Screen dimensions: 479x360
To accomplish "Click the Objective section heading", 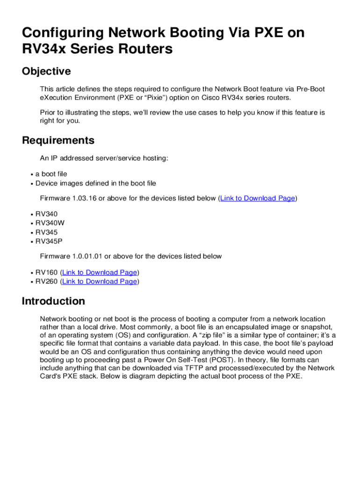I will (x=46, y=72).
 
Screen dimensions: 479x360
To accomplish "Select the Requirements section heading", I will (x=58, y=140).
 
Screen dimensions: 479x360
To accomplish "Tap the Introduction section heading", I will (x=53, y=301).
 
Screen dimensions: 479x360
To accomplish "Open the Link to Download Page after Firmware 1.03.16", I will (x=258, y=198).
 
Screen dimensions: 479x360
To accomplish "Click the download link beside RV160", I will (x=100, y=272).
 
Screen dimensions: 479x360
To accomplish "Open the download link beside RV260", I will (x=100, y=281).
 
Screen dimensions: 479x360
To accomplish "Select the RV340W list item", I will (x=50, y=223).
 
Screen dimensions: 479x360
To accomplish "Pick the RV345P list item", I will (x=49, y=241).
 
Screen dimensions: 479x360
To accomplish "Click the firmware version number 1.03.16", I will (x=84, y=198).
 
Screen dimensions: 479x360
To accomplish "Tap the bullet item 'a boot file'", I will (x=51, y=174).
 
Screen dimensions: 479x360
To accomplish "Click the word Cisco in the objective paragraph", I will (x=211, y=98).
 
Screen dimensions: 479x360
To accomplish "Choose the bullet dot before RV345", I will (x=31, y=232).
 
